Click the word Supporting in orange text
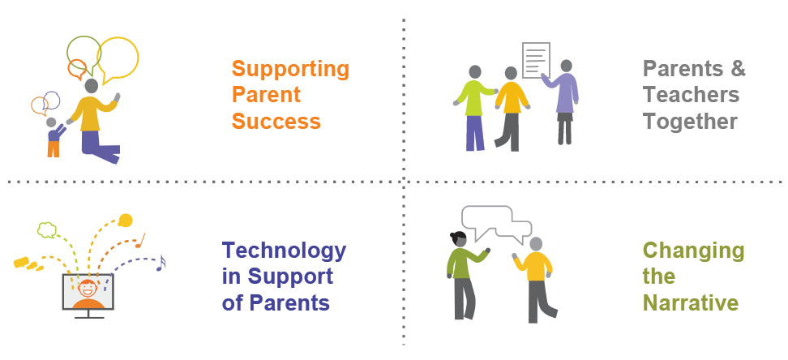click(290, 69)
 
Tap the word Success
click(276, 122)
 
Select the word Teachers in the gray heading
click(691, 95)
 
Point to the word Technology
click(284, 250)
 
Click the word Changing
click(693, 251)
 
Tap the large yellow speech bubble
click(118, 56)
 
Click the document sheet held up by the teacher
click(536, 59)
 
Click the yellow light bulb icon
click(125, 219)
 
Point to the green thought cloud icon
click(47, 230)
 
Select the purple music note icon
click(161, 263)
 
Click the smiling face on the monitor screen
click(88, 288)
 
